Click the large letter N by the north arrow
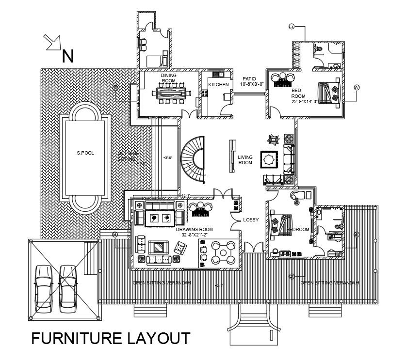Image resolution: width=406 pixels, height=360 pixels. click(68, 56)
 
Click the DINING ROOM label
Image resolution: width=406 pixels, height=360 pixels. click(169, 78)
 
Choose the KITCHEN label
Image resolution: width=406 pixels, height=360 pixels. click(218, 85)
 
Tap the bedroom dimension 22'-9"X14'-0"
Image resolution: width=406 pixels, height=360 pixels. click(305, 101)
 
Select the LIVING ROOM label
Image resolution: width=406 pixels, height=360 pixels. click(245, 160)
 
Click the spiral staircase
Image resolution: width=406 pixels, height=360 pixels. click(193, 158)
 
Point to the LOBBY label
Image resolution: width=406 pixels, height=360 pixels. click(251, 220)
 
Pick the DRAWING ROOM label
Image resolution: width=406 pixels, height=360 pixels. click(194, 229)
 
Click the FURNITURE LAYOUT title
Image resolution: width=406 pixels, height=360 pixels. click(111, 338)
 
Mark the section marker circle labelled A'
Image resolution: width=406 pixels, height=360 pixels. click(357, 88)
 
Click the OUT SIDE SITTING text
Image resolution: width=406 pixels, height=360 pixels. click(129, 157)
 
